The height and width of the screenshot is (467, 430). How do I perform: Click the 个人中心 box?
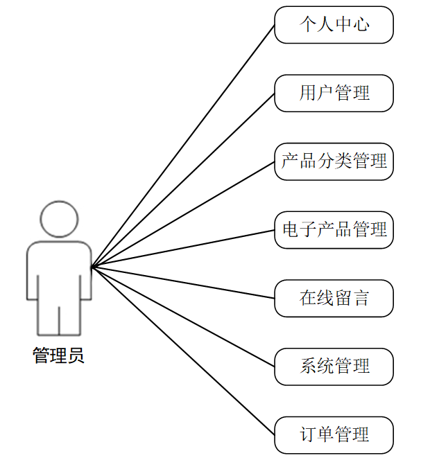pos(334,25)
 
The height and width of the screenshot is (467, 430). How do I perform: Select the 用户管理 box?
pos(334,93)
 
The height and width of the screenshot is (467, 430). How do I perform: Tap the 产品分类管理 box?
pos(334,161)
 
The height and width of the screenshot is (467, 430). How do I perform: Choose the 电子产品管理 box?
pos(334,229)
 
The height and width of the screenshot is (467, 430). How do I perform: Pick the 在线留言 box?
pos(334,298)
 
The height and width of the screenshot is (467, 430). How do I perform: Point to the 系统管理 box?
pos(334,367)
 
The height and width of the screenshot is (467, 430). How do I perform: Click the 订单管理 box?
pos(334,435)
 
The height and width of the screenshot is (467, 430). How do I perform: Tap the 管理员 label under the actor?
pos(59,356)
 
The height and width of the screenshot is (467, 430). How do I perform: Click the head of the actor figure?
pos(59,220)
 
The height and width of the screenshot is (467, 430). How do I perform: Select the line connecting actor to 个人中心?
pos(183,146)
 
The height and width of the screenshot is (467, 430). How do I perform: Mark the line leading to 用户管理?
pos(183,179)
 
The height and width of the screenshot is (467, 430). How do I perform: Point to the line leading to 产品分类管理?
pos(183,214)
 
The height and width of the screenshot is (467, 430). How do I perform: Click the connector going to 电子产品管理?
pos(183,248)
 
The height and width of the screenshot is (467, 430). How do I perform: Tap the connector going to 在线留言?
pos(183,283)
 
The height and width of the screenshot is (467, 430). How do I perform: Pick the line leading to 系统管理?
pos(183,317)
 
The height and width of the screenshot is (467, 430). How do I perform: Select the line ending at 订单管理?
pos(183,351)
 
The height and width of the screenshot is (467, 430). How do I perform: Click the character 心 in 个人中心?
pos(361,25)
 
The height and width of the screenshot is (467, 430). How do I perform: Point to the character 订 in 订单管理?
pos(308,435)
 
